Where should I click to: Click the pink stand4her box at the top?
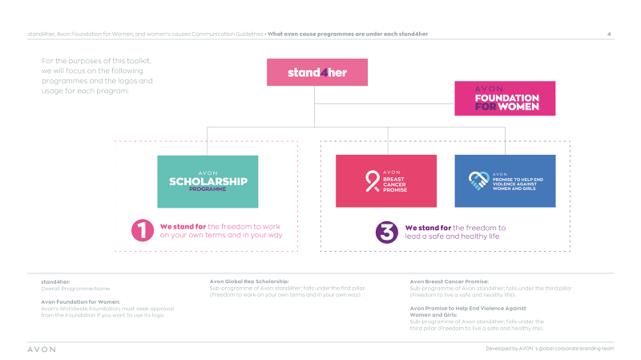317,72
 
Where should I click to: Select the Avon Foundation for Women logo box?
505,98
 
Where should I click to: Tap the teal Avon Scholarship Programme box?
208,181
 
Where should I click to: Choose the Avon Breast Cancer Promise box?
385,181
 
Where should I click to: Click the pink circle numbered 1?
143,231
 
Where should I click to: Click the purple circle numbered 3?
387,232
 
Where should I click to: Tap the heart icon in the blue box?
478,181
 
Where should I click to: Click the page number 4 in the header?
610,34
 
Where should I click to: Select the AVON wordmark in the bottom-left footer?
42,350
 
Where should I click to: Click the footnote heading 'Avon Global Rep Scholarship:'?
249,282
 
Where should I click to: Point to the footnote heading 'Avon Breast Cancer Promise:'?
448,282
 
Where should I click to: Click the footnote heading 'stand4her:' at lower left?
56,282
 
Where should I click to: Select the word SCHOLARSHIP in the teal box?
208,181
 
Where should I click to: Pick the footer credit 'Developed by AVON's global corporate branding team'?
550,350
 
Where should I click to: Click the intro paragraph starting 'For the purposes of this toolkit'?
96,75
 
